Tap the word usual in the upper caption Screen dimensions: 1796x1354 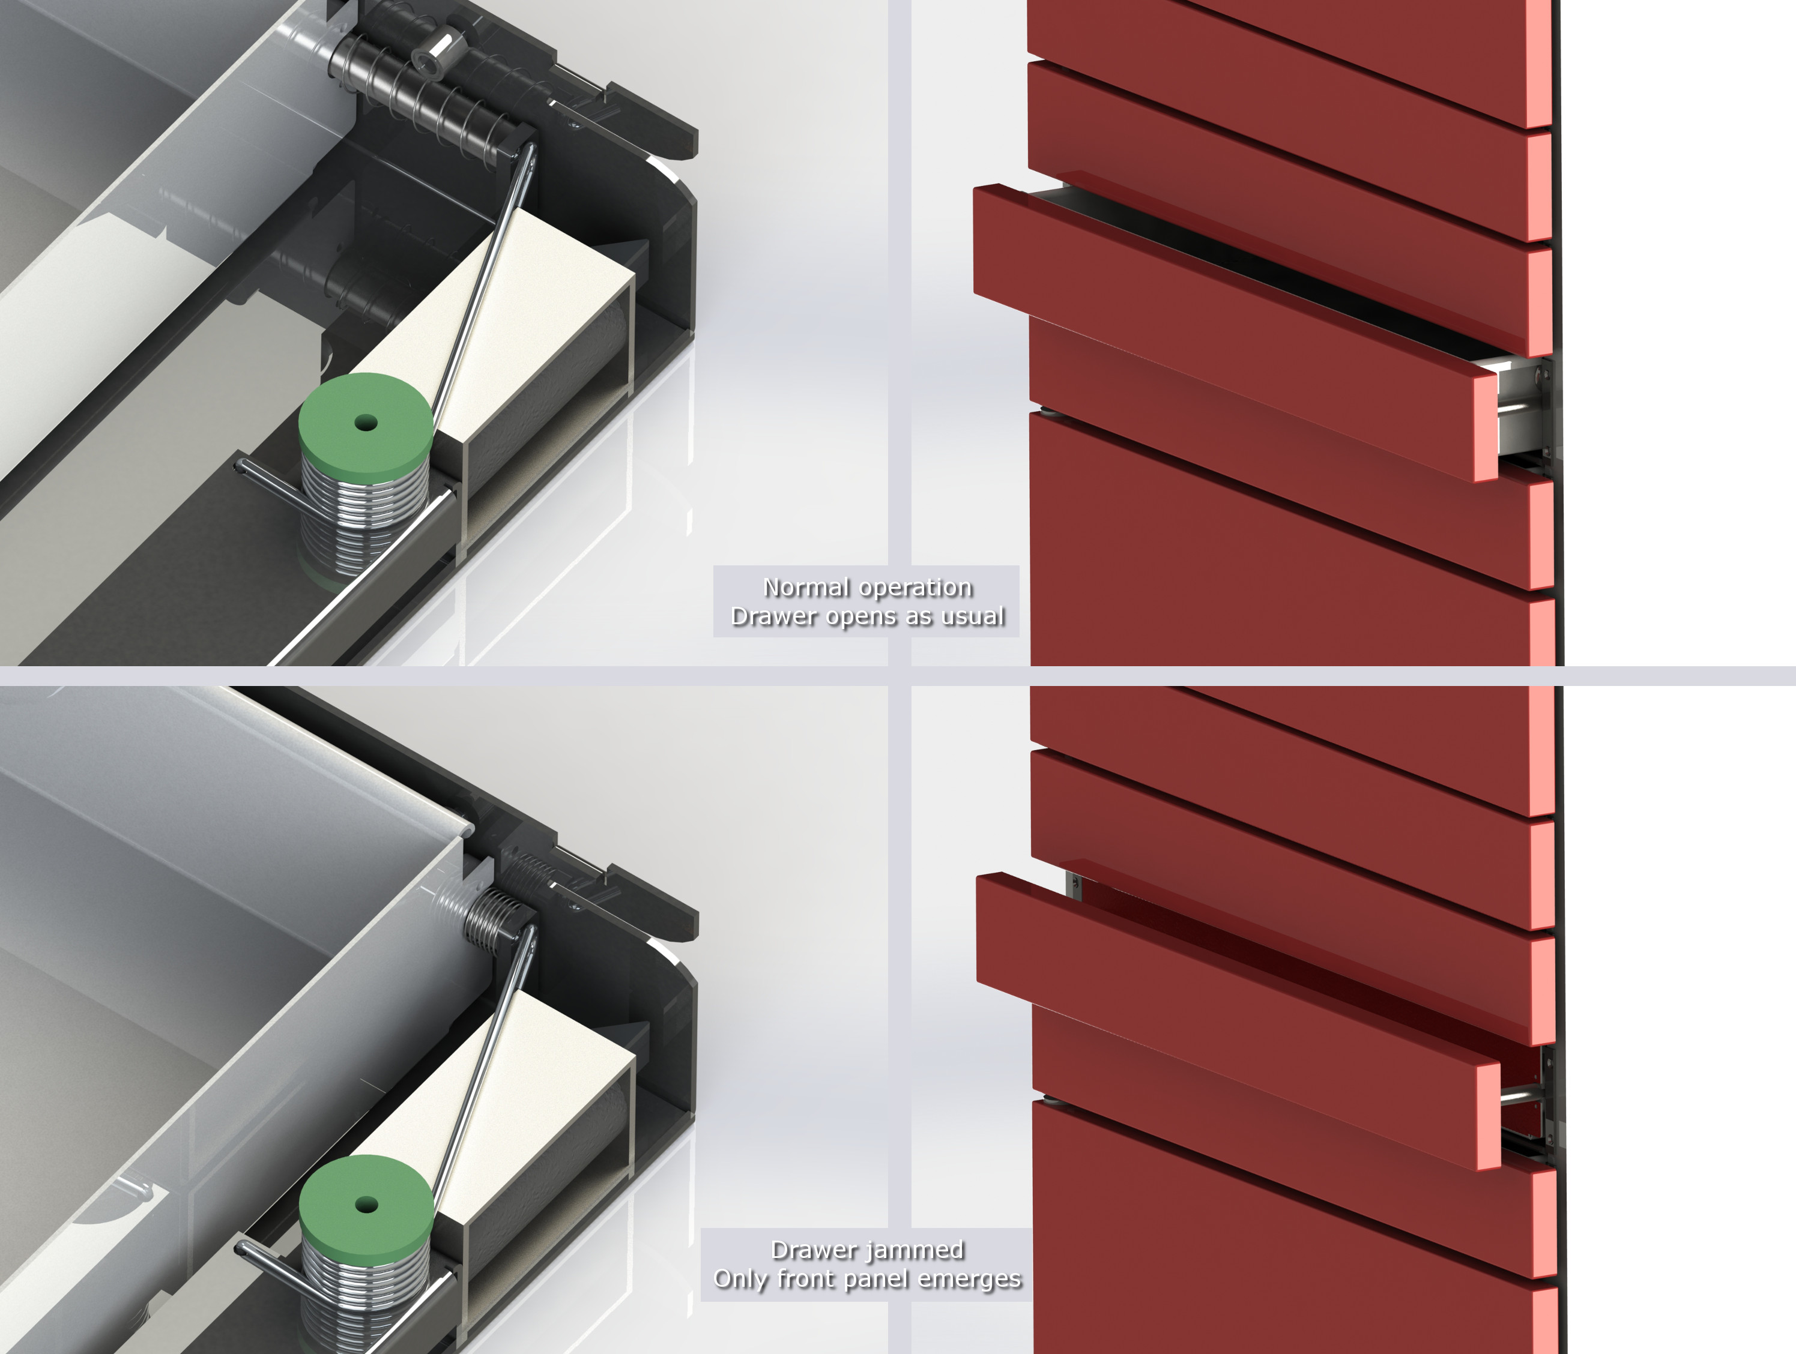point(973,616)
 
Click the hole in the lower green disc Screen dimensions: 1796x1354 point(366,1205)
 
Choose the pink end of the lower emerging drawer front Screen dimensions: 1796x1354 point(1489,1116)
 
